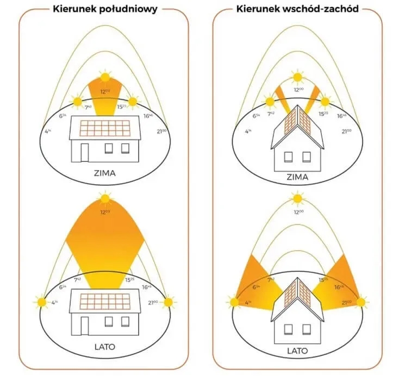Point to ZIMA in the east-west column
pyautogui.click(x=297, y=177)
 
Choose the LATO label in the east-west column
pyautogui.click(x=297, y=350)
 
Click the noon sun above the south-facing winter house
pyautogui.click(x=104, y=77)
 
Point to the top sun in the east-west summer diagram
pyautogui.click(x=297, y=197)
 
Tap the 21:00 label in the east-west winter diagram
pyautogui.click(x=346, y=131)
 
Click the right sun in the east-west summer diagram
pyautogui.click(x=361, y=301)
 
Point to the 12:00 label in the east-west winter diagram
pyautogui.click(x=298, y=89)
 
